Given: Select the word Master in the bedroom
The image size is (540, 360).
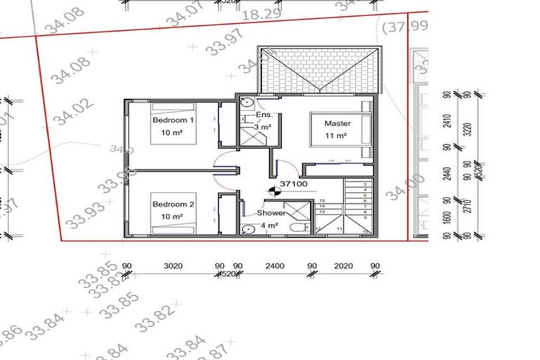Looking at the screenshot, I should [337, 123].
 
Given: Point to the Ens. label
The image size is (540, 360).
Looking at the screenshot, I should [264, 115].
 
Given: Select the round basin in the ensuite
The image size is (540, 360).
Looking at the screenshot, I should [247, 103].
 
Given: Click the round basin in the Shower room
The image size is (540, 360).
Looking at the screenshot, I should [247, 229].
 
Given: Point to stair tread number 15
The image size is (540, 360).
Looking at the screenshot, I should [322, 201].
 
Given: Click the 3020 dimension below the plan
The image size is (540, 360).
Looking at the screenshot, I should [173, 266].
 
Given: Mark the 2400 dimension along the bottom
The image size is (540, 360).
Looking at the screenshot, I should [274, 266].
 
